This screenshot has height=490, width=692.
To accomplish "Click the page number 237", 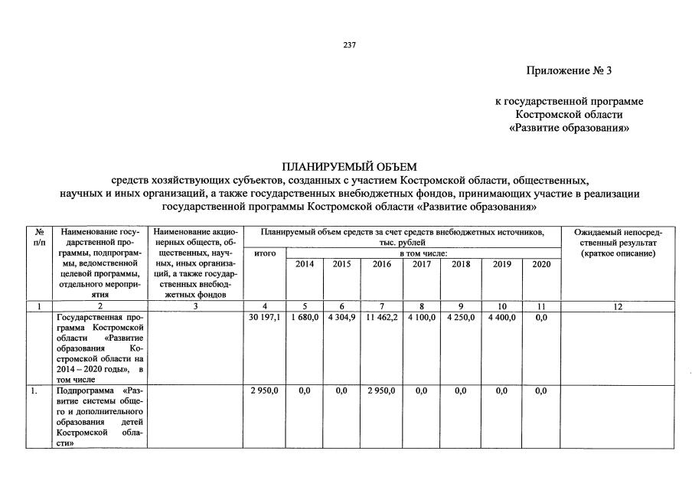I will click(346, 44).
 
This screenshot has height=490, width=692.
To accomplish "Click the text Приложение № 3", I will click(569, 71).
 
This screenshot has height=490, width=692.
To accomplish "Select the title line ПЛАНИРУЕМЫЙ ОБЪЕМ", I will click(346, 166).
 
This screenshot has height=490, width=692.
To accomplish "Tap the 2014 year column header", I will click(304, 264).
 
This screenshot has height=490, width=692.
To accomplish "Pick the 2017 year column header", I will click(421, 264).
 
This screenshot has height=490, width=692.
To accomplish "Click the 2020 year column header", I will click(540, 264).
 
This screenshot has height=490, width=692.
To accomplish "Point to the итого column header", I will click(264, 253).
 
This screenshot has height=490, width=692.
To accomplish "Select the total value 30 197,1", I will click(264, 317).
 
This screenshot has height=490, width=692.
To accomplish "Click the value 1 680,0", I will click(304, 317).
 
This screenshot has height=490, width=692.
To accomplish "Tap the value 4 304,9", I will click(341, 317).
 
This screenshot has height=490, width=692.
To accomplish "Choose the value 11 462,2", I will click(380, 317).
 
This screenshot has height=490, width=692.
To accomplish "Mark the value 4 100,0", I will click(421, 317).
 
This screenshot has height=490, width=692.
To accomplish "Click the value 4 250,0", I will click(461, 317).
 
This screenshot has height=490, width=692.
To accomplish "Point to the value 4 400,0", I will click(501, 317).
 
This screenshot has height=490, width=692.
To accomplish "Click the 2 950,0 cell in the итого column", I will click(264, 390).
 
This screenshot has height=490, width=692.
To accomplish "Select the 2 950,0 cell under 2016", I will click(380, 390).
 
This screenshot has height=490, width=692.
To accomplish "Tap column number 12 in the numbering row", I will click(618, 306).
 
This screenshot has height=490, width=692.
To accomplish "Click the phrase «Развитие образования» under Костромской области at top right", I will click(569, 128).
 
